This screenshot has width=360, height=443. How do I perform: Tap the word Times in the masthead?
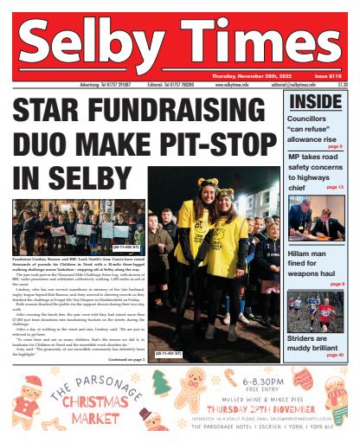(x=260, y=45)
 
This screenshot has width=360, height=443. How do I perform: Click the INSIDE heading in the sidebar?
(x=316, y=103)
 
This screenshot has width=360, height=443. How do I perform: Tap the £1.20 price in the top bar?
(x=342, y=85)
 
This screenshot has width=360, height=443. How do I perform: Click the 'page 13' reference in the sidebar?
(x=335, y=187)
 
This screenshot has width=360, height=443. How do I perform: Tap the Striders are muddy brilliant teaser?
(x=312, y=345)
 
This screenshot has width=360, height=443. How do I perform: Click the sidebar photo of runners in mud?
(x=316, y=311)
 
